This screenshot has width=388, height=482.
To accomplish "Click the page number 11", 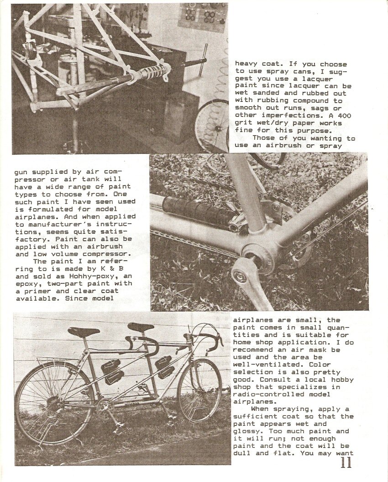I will (x=346, y=463).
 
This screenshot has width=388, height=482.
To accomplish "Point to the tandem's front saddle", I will (x=141, y=327).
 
